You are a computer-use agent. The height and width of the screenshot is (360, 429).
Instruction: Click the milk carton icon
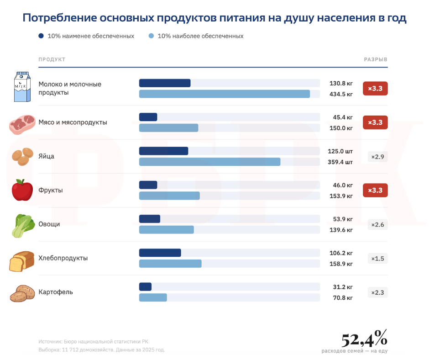click(22, 87)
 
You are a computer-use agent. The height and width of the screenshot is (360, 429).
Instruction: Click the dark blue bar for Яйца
click(163, 151)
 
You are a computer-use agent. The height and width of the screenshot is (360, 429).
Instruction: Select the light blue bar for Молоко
click(224, 94)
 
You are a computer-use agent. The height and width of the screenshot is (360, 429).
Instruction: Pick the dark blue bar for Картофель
click(145, 286)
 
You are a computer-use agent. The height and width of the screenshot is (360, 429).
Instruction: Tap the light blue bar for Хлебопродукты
click(170, 264)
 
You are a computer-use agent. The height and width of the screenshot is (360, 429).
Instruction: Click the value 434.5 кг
click(341, 94)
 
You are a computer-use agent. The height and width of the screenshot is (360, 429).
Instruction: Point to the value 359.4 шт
click(341, 162)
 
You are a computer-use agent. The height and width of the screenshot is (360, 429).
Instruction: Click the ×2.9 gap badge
click(377, 157)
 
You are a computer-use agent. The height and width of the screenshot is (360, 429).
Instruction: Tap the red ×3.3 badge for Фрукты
click(375, 190)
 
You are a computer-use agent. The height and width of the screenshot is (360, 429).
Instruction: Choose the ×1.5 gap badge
click(377, 259)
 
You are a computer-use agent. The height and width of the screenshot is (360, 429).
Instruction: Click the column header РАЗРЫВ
click(375, 59)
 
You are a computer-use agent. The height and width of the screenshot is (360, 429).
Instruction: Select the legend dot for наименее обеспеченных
click(42, 36)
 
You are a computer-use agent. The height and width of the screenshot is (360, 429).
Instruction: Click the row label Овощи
click(49, 224)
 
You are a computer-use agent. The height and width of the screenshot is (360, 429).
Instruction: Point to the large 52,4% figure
click(364, 339)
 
